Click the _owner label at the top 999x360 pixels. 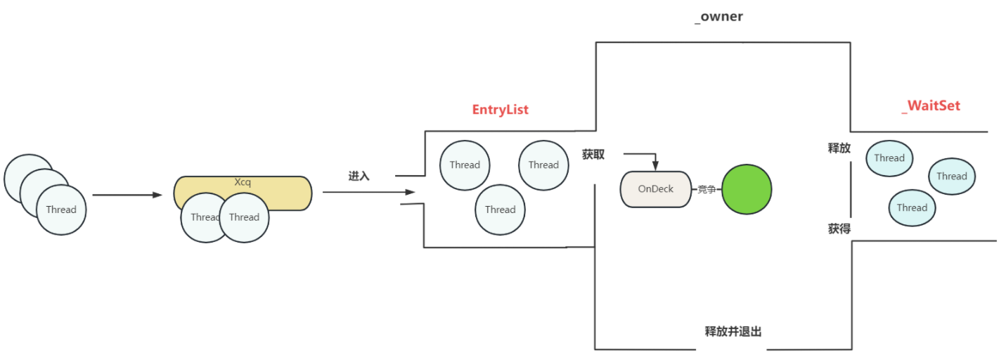pyautogui.click(x=718, y=17)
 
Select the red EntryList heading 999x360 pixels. pyautogui.click(x=500, y=110)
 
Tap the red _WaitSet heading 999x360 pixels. pyautogui.click(x=930, y=106)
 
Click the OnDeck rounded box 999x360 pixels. pyautogui.click(x=655, y=189)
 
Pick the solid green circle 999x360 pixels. pyautogui.click(x=747, y=189)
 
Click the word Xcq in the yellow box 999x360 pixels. pyautogui.click(x=243, y=182)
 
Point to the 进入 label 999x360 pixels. pyautogui.click(x=359, y=176)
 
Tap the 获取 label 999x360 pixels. pyautogui.click(x=593, y=154)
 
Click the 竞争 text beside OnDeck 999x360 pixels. pyautogui.click(x=707, y=189)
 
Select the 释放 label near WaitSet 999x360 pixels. pyautogui.click(x=839, y=148)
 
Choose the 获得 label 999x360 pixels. pyautogui.click(x=839, y=229)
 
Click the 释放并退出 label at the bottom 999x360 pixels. pyautogui.click(x=733, y=331)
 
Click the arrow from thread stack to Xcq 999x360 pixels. pyautogui.click(x=127, y=195)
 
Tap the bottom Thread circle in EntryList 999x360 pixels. pyautogui.click(x=500, y=210)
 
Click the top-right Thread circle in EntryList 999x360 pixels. pyautogui.click(x=543, y=165)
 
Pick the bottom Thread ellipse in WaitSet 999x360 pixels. pyautogui.click(x=912, y=208)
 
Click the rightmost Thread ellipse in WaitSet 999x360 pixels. pyautogui.click(x=951, y=176)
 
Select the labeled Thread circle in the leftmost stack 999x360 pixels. pyautogui.click(x=61, y=210)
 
